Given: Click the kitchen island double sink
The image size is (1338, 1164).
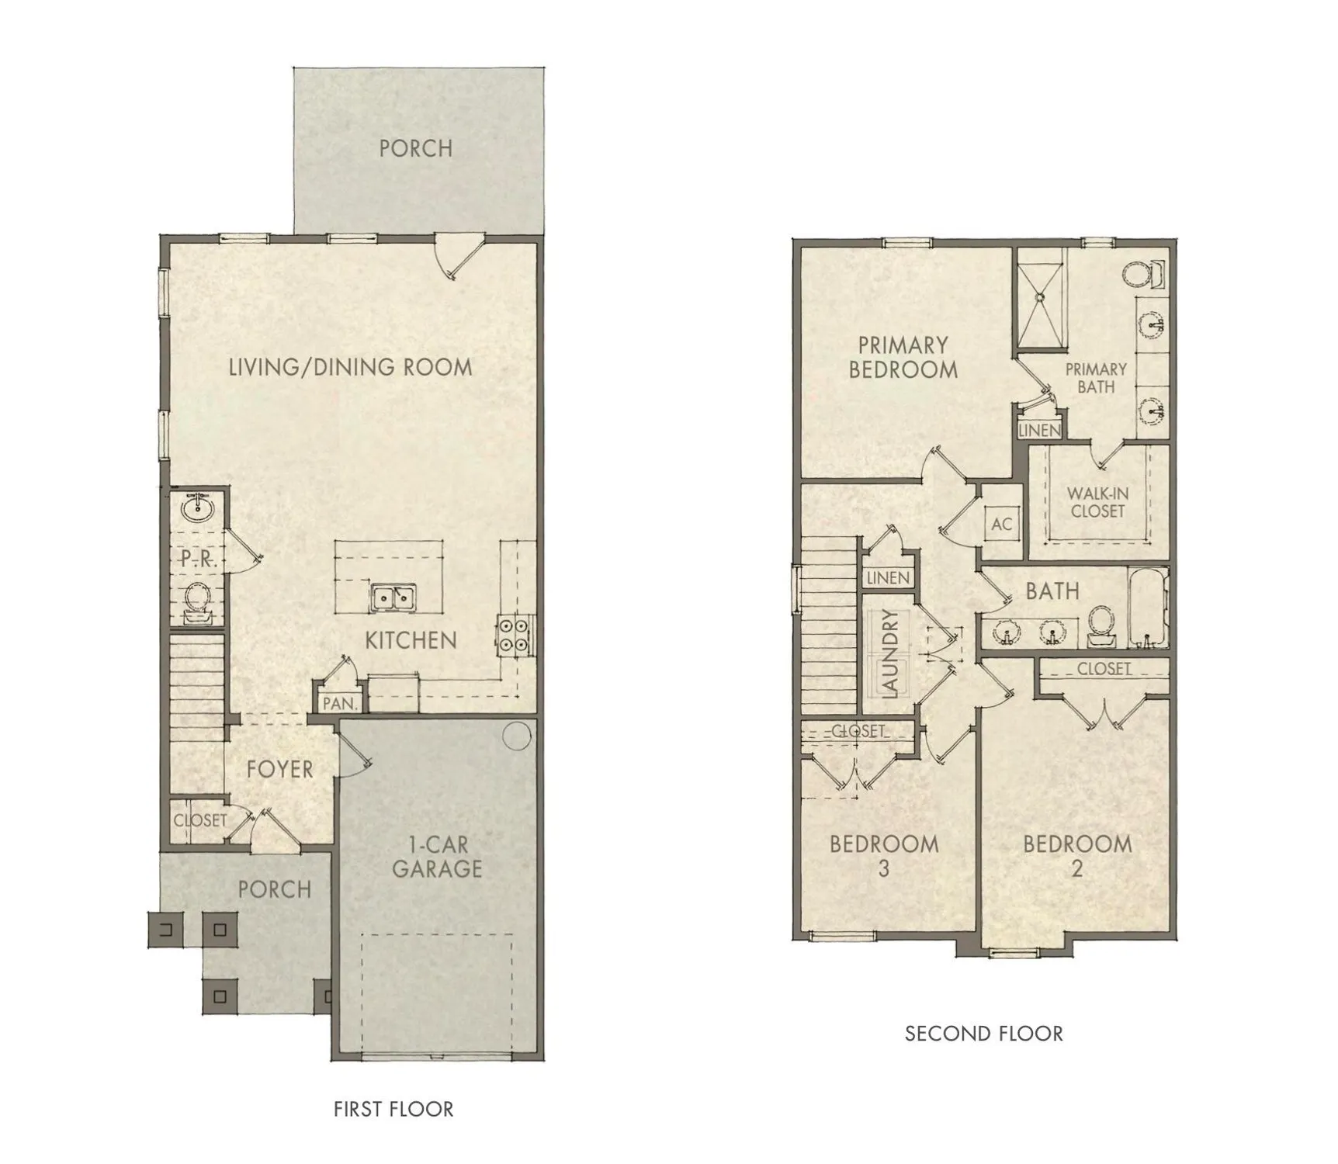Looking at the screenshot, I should click(x=393, y=598).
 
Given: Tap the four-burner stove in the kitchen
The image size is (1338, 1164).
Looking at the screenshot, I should click(x=515, y=634).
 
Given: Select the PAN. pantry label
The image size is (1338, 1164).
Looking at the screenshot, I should click(x=340, y=704).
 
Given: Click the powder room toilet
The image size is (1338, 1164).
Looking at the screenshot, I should click(x=197, y=602).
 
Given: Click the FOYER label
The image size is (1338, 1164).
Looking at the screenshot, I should click(x=279, y=769).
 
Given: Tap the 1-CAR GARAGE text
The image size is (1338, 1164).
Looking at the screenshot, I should click(x=437, y=857).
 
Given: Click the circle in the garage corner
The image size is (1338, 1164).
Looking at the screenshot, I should click(x=517, y=736).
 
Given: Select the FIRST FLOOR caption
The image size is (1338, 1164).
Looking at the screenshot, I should click(x=393, y=1109).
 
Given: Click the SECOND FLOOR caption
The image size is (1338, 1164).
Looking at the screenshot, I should click(x=983, y=1034).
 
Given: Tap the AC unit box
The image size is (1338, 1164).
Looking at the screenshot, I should click(x=1001, y=524).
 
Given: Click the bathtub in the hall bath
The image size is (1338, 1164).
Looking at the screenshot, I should click(x=1148, y=608).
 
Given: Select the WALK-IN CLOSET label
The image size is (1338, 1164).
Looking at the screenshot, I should click(x=1097, y=502).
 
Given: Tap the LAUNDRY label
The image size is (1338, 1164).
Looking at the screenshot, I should click(x=890, y=653).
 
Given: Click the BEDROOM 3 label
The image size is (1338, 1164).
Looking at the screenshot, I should click(x=883, y=855).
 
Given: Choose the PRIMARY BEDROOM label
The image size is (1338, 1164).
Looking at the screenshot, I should click(x=903, y=357).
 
